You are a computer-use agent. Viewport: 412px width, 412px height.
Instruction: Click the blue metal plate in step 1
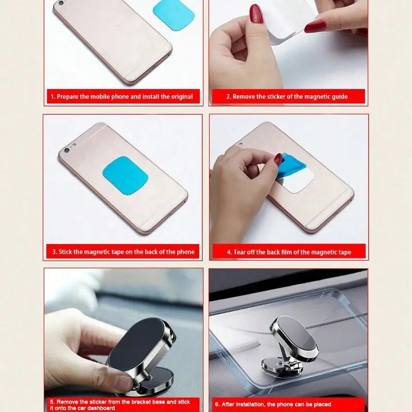pos(174,15)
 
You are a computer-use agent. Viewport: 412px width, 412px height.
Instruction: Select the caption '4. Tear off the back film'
pos(289,252)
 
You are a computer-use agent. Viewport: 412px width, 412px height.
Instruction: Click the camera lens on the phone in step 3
pos(66,151)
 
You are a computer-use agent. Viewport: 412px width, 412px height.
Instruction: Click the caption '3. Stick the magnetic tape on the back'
pos(123,252)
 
